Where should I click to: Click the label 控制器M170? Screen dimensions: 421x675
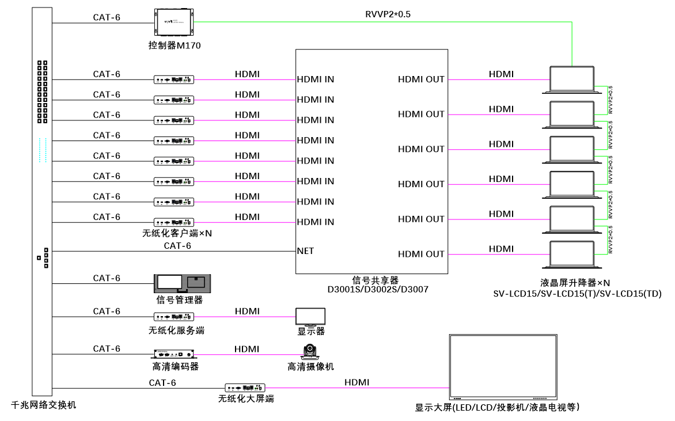point(174,45)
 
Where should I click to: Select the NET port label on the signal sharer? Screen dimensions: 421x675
point(305,251)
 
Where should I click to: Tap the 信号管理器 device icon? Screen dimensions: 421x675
point(183,283)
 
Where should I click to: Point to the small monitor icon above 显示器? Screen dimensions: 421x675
point(310,317)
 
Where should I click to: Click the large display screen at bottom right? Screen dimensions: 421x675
point(503,367)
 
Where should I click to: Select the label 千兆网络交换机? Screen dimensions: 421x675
point(43,405)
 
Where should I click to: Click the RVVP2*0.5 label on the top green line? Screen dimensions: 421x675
point(388,14)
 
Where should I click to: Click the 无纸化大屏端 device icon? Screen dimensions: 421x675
point(245,388)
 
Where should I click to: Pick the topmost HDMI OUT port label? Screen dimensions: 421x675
point(421,79)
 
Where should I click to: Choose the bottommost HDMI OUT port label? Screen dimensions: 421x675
point(421,254)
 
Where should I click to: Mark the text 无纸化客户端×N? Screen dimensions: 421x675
point(176,233)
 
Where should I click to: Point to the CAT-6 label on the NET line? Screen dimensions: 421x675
point(177,246)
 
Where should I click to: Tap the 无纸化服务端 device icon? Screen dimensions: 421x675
point(174,316)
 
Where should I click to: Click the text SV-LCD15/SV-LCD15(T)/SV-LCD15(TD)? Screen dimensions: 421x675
point(577,294)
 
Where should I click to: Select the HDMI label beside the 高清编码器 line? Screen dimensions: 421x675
point(247,349)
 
